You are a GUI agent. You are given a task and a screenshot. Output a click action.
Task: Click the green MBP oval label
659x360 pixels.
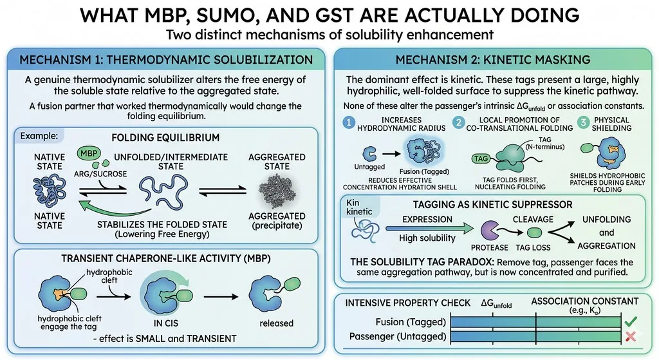[89, 153]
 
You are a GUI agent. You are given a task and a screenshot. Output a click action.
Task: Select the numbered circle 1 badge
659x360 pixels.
[348, 122]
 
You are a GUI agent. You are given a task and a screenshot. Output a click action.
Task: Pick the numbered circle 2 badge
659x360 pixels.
[458, 122]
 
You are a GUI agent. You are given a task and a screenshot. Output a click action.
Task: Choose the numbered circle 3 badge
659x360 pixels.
[582, 122]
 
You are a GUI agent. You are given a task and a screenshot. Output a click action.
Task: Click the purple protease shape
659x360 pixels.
[489, 231]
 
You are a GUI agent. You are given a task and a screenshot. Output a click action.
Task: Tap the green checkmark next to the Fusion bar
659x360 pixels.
[631, 322]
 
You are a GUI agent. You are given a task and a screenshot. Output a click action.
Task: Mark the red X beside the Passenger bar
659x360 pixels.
[631, 336]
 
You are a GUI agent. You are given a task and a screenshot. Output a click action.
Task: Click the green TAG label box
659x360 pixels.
[481, 158]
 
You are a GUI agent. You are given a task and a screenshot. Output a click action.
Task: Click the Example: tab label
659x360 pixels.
[39, 136]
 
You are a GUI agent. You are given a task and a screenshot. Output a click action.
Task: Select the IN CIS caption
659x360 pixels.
[165, 323]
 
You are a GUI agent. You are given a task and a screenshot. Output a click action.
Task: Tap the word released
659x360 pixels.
[276, 323]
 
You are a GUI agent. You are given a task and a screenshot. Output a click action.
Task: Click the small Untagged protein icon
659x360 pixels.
[369, 155]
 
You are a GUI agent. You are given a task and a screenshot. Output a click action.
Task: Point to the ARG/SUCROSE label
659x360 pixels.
[100, 174]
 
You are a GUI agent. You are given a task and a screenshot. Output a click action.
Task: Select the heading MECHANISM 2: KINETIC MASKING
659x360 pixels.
[493, 60]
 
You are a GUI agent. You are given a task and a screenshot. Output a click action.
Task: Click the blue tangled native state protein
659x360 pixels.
[50, 191]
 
